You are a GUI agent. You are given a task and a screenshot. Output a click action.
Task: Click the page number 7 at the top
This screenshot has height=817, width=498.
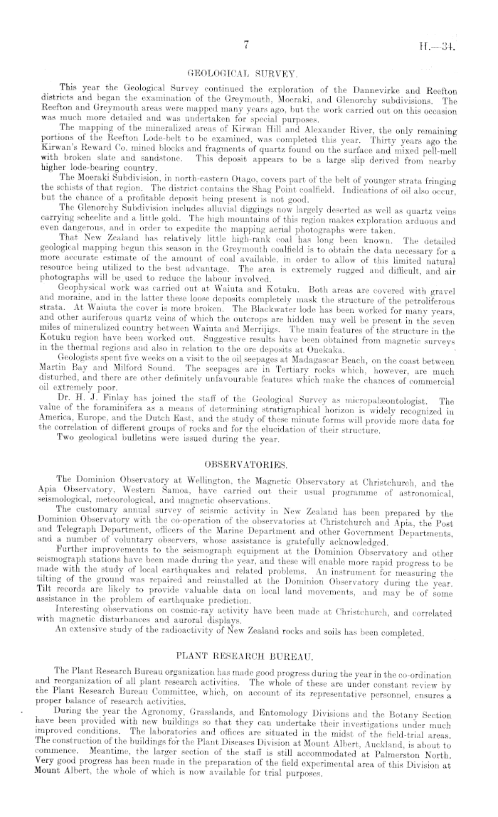(x=244, y=46)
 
